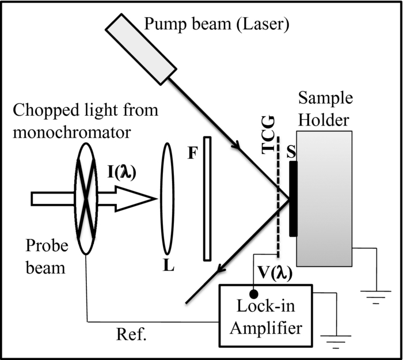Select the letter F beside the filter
[x=192, y=154]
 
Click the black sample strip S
[x=294, y=199]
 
